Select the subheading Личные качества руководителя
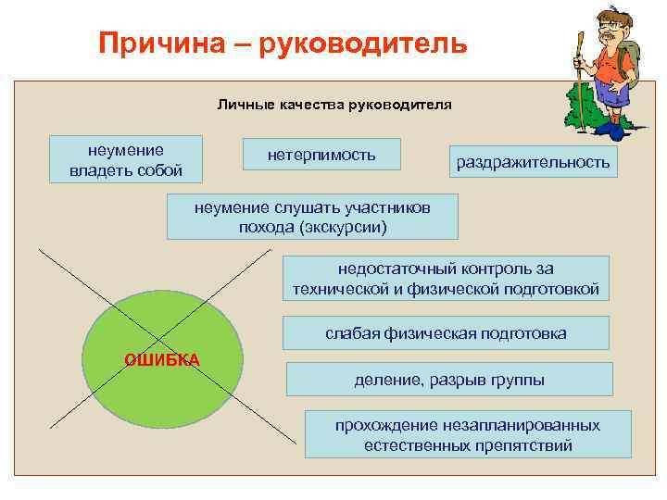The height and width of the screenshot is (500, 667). click(x=334, y=104)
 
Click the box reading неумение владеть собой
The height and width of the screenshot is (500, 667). click(x=126, y=159)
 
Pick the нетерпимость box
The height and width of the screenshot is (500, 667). click(x=321, y=155)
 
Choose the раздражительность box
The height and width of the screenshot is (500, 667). click(x=533, y=162)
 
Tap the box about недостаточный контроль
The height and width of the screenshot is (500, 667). click(x=446, y=279)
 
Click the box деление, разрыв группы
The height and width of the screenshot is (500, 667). click(x=449, y=380)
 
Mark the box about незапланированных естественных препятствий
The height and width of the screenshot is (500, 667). click(x=467, y=434)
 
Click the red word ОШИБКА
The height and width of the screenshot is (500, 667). click(x=162, y=359)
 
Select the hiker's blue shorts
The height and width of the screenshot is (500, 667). click(x=612, y=93)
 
